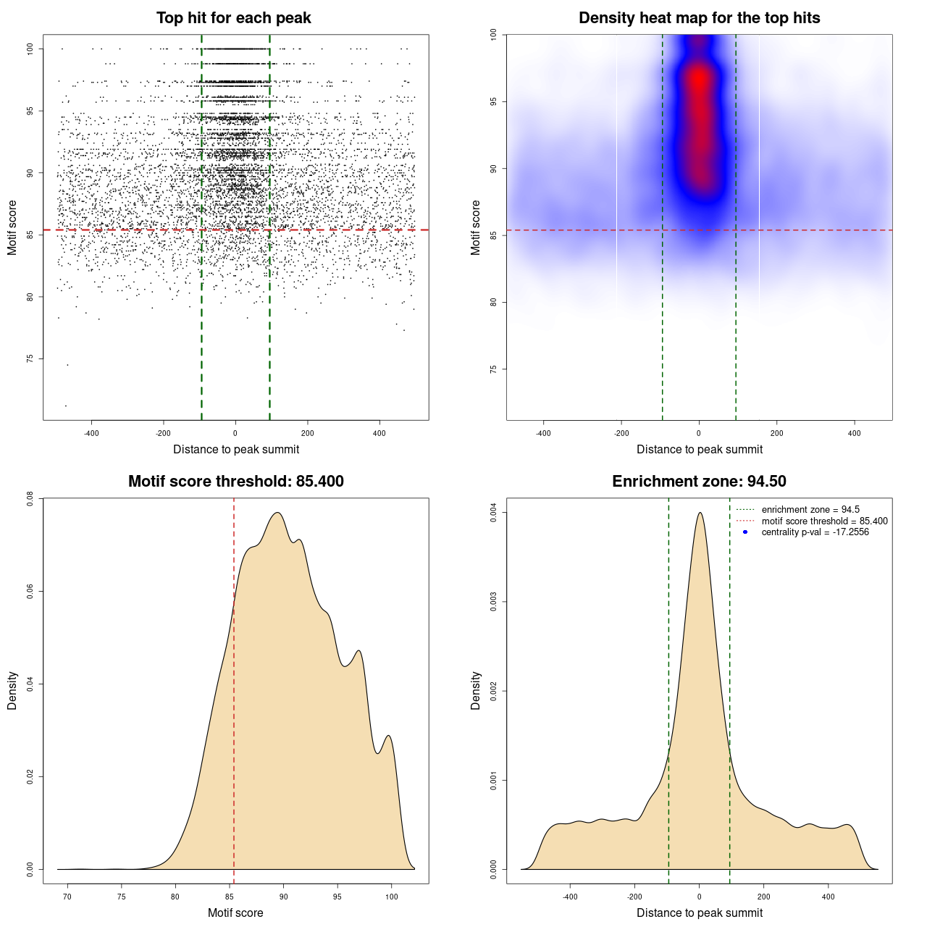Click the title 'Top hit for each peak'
[234, 18]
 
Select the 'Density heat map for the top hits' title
[699, 18]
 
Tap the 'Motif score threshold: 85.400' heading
[235, 482]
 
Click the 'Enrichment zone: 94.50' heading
[699, 482]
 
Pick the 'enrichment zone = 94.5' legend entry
[810, 510]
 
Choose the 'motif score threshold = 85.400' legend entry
[824, 521]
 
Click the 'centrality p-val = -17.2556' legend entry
[815, 532]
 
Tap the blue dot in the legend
[745, 532]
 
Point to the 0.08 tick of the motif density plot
[30, 498]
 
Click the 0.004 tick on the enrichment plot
[493, 513]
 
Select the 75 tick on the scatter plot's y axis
[30, 358]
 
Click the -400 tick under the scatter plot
[91, 434]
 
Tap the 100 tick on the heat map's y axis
[493, 35]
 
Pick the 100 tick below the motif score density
[392, 897]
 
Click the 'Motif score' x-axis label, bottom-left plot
[235, 913]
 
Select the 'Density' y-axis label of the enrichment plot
[476, 690]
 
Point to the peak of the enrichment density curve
[700, 513]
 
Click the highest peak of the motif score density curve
[277, 513]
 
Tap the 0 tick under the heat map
[699, 434]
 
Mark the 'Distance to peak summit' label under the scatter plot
[236, 450]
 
